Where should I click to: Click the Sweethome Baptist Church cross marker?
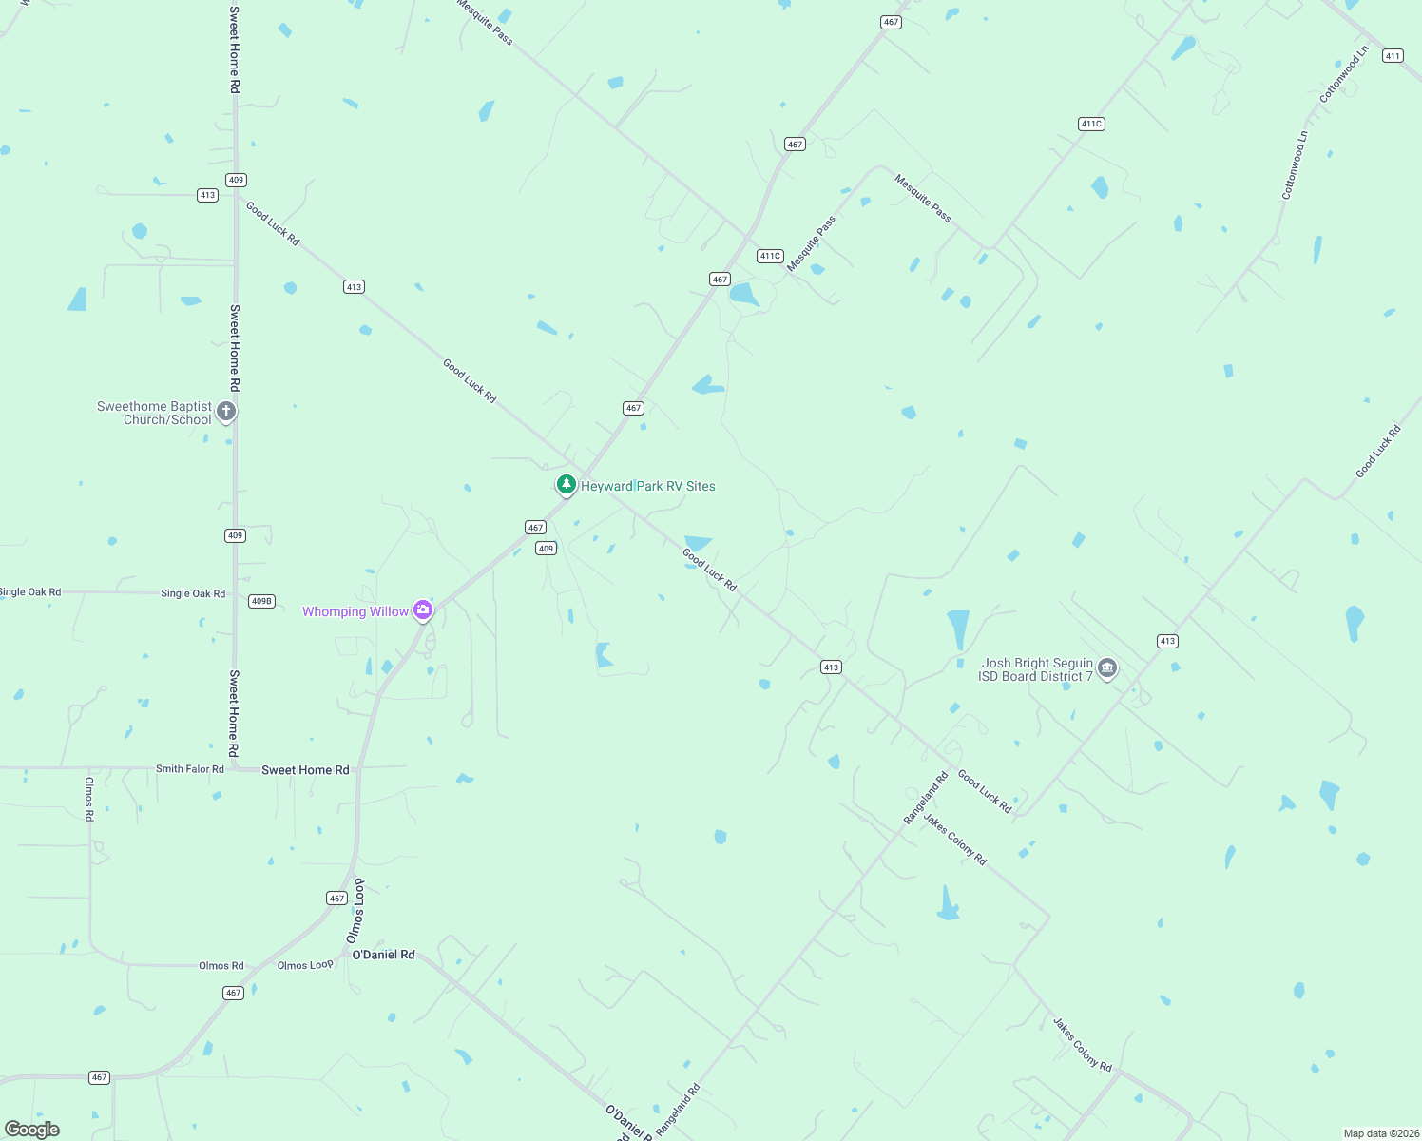tap(225, 412)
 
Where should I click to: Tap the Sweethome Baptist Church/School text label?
tap(154, 413)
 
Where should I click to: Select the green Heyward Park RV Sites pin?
tap(567, 485)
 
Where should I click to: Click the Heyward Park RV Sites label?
tap(647, 486)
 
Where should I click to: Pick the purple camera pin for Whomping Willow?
tap(423, 611)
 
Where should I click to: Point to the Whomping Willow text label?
tap(355, 611)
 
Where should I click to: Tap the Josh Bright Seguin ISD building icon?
tap(1106, 668)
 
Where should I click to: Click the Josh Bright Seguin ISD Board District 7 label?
tap(1036, 669)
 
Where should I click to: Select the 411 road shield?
tap(1393, 56)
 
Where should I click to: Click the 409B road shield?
tap(261, 601)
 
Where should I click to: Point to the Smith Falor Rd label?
tap(190, 769)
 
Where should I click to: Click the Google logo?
tap(32, 1130)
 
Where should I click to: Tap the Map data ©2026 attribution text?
tap(1381, 1133)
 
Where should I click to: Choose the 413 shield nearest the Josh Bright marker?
tap(1167, 641)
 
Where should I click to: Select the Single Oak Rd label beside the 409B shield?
tap(193, 593)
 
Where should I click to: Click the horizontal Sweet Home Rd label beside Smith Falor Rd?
tap(305, 770)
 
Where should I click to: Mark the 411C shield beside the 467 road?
tap(770, 256)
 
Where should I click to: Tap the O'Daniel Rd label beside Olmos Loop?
tap(383, 955)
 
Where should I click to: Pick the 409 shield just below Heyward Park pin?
tap(546, 549)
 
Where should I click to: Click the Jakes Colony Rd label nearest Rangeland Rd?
tap(954, 840)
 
